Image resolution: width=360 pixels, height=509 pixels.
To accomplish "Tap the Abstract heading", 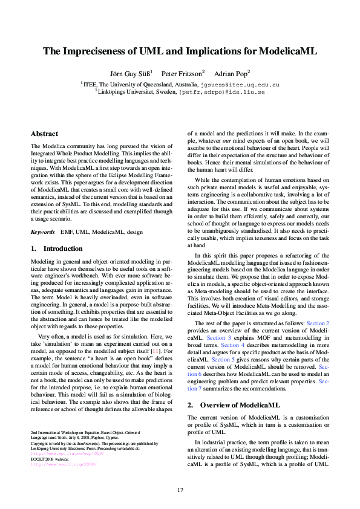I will pos(44,134).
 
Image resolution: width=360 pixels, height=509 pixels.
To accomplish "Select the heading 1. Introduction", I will pos(56,248).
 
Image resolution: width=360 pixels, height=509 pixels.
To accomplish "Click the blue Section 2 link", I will pos(318,324).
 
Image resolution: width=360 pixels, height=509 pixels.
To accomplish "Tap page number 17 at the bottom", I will pos(180,489).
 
